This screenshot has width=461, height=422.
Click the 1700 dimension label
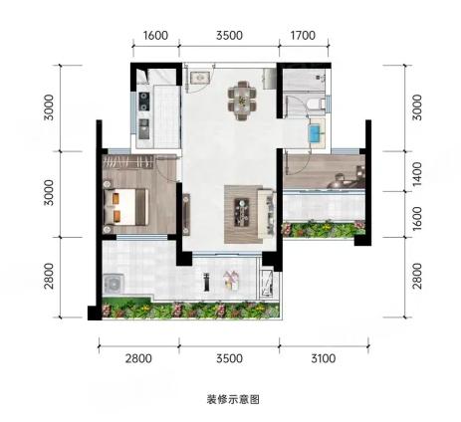tap(303, 35)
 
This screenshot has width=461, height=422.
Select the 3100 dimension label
tap(323, 358)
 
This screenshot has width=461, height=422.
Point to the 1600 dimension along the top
tap(155, 35)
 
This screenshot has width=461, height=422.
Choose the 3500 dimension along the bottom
tap(229, 358)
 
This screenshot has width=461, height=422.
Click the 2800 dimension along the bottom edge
tap(138, 358)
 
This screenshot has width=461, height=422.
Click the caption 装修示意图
tap(233, 399)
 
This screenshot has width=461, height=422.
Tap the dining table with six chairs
tap(242, 100)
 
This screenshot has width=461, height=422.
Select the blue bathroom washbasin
tap(316, 133)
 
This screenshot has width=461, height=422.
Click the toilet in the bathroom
tap(316, 104)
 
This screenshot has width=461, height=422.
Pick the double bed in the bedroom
tap(126, 207)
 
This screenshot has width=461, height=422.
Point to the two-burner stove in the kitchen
tap(144, 101)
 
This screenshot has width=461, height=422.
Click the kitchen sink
tap(144, 128)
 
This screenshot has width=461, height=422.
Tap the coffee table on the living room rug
tap(242, 212)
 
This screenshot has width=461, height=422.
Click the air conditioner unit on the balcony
tap(115, 284)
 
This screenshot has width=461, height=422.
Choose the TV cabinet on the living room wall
tap(186, 214)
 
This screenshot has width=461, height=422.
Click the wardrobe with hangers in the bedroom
tap(128, 162)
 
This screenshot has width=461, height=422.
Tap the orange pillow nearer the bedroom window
tap(116, 216)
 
